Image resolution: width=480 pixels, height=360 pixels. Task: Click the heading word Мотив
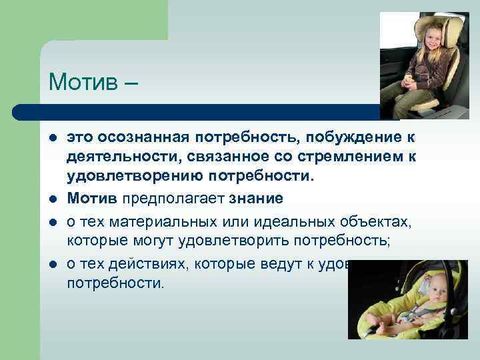coord(83,83)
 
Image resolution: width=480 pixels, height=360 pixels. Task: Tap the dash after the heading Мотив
coord(131,85)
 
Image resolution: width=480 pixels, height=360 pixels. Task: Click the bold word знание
coord(258,199)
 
